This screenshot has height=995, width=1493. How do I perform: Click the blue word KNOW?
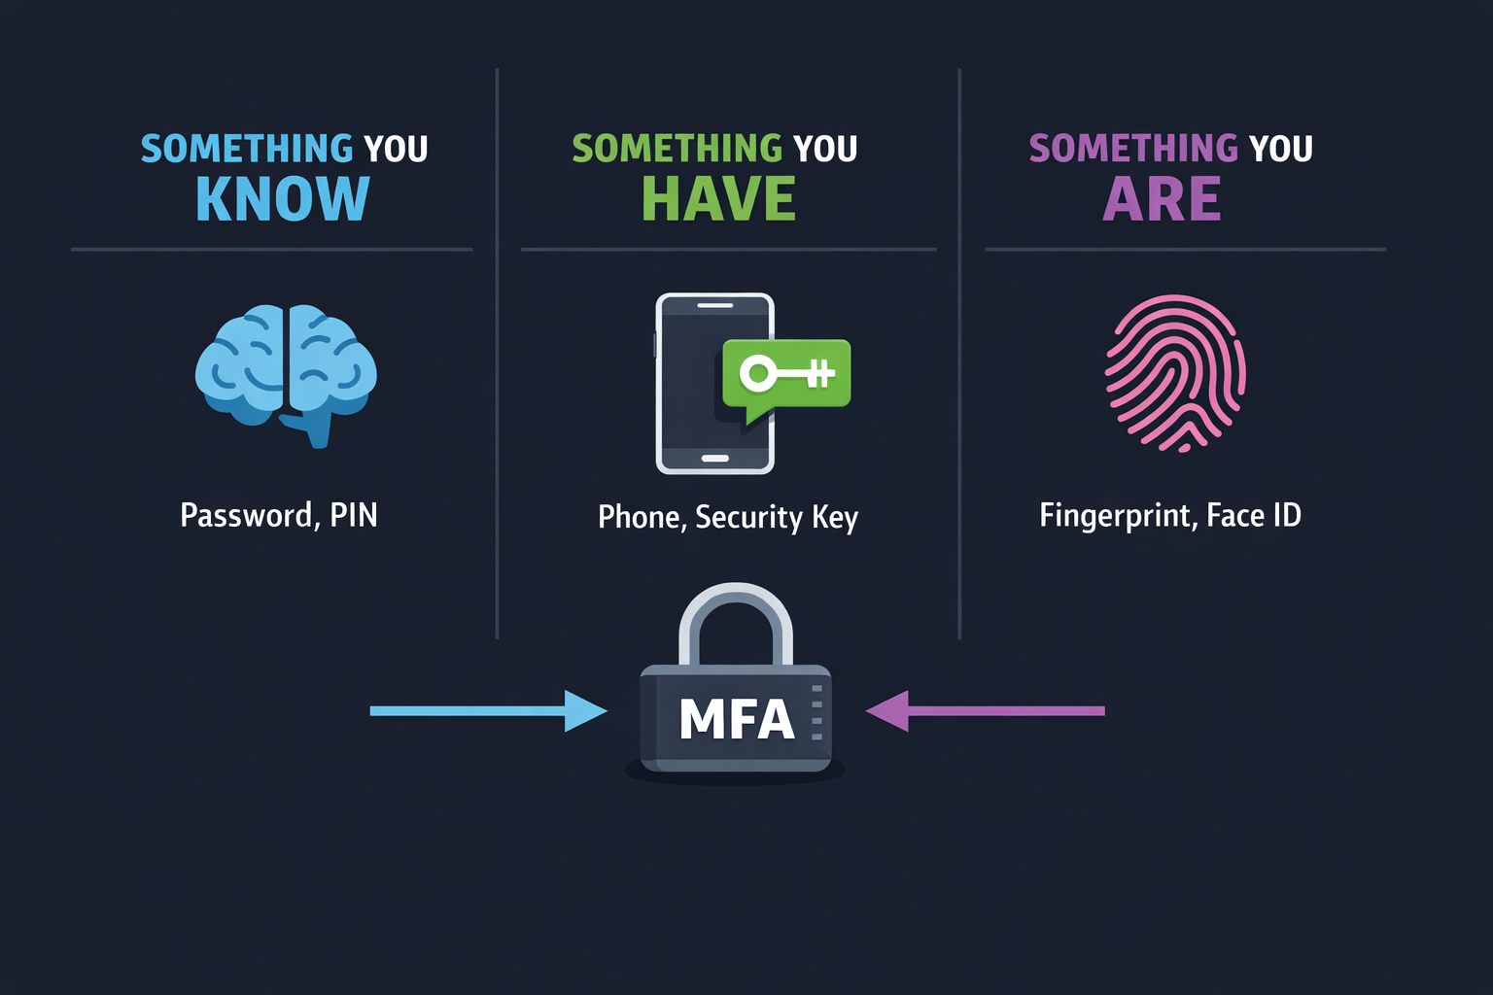click(283, 199)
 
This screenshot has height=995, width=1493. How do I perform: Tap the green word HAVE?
click(718, 199)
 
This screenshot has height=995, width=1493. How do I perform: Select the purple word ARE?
click(1162, 199)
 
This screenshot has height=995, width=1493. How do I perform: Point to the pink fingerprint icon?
click(1176, 373)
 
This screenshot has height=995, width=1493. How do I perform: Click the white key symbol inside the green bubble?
click(785, 372)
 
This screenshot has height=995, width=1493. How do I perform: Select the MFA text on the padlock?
click(737, 720)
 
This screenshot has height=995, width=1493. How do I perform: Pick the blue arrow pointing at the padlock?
click(486, 710)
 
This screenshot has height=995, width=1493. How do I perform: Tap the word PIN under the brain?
click(354, 515)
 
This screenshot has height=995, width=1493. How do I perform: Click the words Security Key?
click(777, 517)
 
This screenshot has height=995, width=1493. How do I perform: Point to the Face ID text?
click(1254, 515)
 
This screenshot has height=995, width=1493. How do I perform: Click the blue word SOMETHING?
click(247, 149)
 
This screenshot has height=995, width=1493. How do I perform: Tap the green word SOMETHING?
click(677, 149)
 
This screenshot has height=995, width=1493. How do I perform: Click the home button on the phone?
click(715, 458)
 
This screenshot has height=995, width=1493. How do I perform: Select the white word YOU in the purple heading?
click(1280, 149)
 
